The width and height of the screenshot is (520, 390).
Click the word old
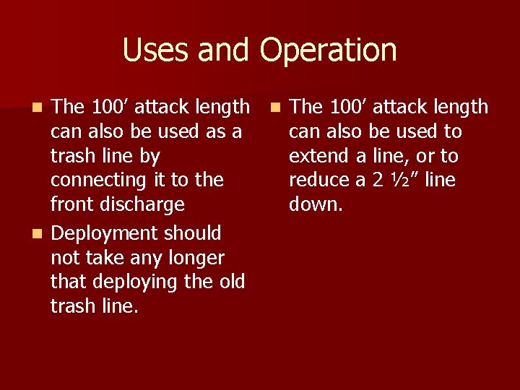tap(232, 282)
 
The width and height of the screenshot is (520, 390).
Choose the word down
tap(316, 204)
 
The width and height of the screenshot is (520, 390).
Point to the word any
tap(150, 259)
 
